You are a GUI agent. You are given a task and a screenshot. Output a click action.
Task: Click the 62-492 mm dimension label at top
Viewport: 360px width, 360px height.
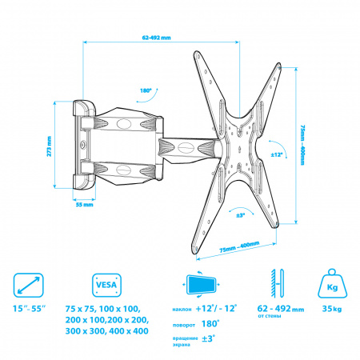(156, 38)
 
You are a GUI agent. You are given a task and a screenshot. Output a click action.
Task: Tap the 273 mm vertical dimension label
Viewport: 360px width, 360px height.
(49, 146)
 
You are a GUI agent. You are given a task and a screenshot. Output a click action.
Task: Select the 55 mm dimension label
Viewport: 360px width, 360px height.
(85, 205)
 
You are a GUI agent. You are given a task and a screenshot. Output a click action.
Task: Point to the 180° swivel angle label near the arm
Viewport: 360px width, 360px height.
(146, 90)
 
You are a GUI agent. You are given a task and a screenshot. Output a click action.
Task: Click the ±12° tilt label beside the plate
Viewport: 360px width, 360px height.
(277, 154)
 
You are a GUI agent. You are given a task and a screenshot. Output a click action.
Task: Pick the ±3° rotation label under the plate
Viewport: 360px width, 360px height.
(241, 215)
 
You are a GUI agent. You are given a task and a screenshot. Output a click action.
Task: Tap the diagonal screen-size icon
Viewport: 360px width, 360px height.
(28, 285)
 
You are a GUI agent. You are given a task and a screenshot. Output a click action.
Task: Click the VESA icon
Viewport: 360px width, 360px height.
(106, 285)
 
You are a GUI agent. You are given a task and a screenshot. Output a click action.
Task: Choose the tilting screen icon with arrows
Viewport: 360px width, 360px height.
(202, 285)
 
